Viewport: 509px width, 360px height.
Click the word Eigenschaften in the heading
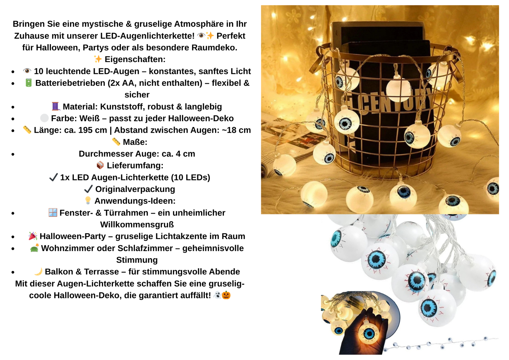tap(135, 60)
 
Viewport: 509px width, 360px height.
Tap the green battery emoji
tap(29, 83)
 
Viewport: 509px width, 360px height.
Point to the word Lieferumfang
tap(135, 166)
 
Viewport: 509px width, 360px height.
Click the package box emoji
tap(100, 165)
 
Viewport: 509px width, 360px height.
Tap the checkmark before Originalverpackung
tap(88, 189)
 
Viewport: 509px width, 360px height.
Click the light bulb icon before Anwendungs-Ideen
tap(88, 201)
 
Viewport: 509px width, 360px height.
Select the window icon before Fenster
tap(53, 212)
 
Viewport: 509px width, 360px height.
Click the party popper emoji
tap(33, 236)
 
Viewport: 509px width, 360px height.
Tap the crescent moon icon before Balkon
tap(38, 272)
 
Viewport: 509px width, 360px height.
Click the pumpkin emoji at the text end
tap(226, 295)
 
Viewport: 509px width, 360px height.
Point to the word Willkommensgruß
tap(137, 225)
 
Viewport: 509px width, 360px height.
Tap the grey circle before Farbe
tap(45, 118)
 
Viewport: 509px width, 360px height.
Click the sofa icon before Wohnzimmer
tap(34, 248)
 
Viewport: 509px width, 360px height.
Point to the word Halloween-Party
tap(73, 236)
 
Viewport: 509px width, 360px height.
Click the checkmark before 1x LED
tap(53, 177)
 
